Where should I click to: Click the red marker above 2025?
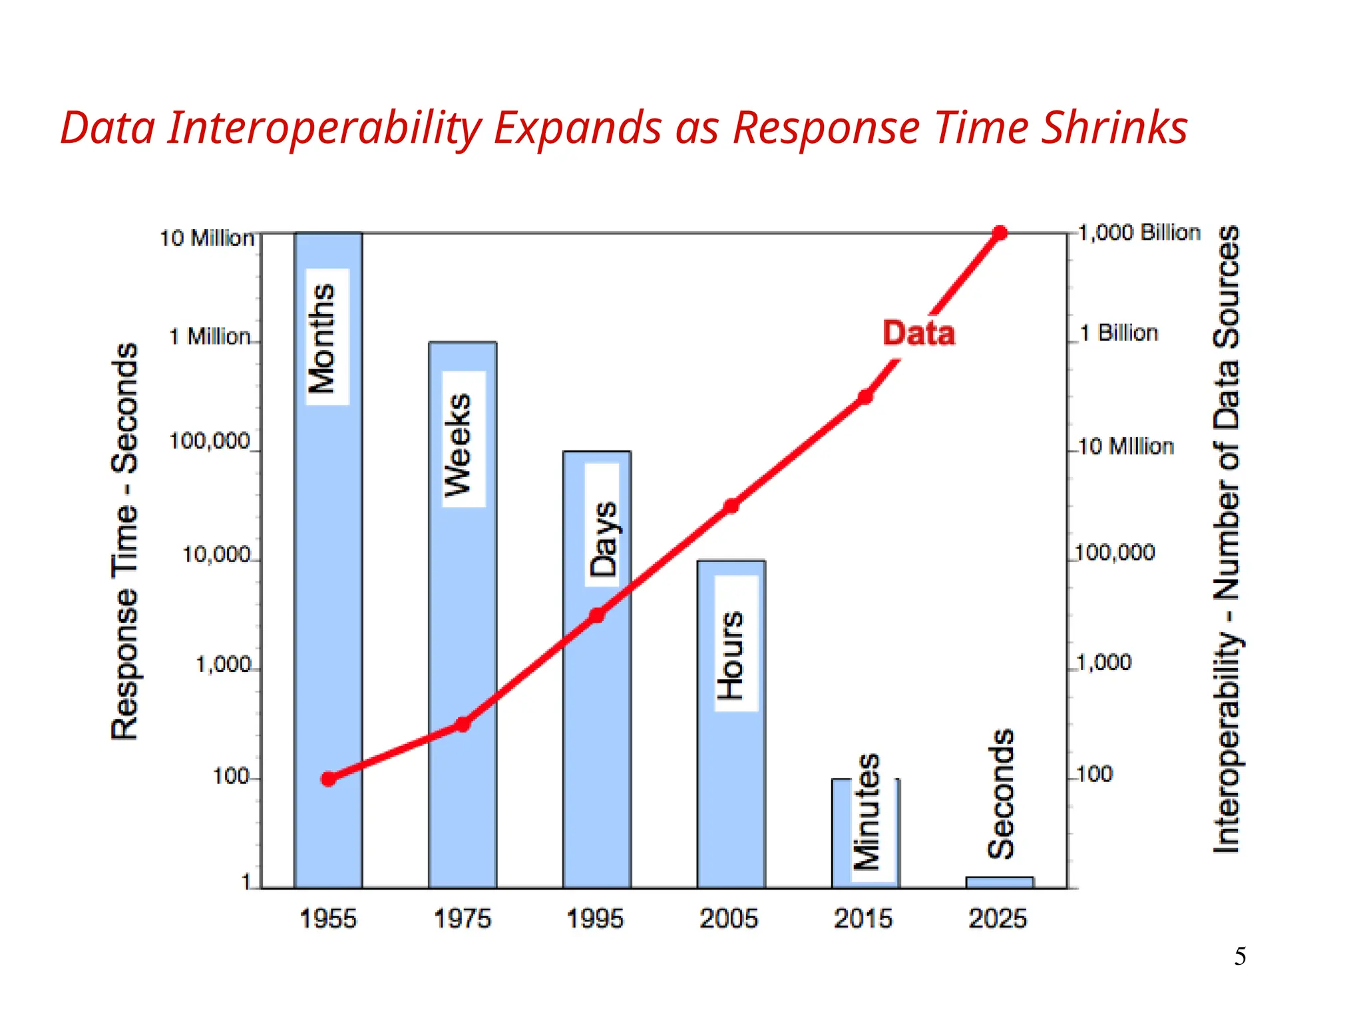pos(999,233)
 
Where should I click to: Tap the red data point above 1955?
pos(328,778)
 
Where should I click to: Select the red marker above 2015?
pos(865,397)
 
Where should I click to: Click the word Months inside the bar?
pos(323,338)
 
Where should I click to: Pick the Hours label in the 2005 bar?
pos(731,655)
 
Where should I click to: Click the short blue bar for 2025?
pos(999,882)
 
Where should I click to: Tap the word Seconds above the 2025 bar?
pos(1000,793)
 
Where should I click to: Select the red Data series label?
pos(918,333)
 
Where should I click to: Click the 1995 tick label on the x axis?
pos(594,919)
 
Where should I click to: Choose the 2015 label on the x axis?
pos(863,919)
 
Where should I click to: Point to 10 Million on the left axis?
pos(206,238)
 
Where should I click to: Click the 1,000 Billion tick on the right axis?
pos(1139,233)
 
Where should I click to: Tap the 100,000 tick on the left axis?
pos(209,441)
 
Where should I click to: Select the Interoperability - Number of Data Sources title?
pos(1226,539)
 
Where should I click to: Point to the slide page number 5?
pos(1240,956)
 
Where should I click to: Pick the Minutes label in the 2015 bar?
pos(867,812)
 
